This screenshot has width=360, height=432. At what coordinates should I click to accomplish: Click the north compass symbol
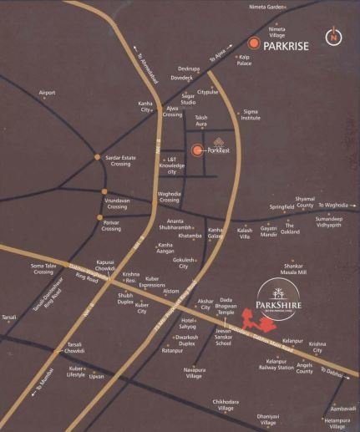(333, 37)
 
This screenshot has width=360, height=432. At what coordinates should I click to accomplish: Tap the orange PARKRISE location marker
(253, 46)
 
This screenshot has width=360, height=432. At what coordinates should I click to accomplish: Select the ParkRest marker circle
(197, 150)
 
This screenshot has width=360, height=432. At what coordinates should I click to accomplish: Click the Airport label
(48, 92)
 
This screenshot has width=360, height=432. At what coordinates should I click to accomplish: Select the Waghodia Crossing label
(170, 198)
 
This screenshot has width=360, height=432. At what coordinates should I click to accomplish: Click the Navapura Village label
(194, 373)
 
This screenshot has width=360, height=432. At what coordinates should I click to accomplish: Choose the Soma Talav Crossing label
(44, 268)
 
